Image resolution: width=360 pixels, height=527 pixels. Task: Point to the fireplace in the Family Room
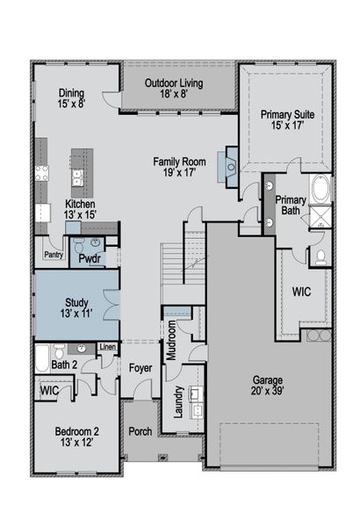[230, 165]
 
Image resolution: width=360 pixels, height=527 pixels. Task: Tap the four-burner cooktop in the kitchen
[40, 173]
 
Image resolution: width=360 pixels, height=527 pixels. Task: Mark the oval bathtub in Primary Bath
[320, 190]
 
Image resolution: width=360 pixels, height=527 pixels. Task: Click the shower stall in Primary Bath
[321, 219]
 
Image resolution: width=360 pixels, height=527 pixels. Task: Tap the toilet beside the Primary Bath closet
[321, 256]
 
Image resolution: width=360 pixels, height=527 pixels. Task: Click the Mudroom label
[173, 338]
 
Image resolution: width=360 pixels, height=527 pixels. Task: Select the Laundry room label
[177, 401]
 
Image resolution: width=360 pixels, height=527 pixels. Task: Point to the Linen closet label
[106, 348]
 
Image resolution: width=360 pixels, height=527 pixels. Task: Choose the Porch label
[140, 432]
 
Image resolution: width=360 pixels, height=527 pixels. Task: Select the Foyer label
[140, 368]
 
